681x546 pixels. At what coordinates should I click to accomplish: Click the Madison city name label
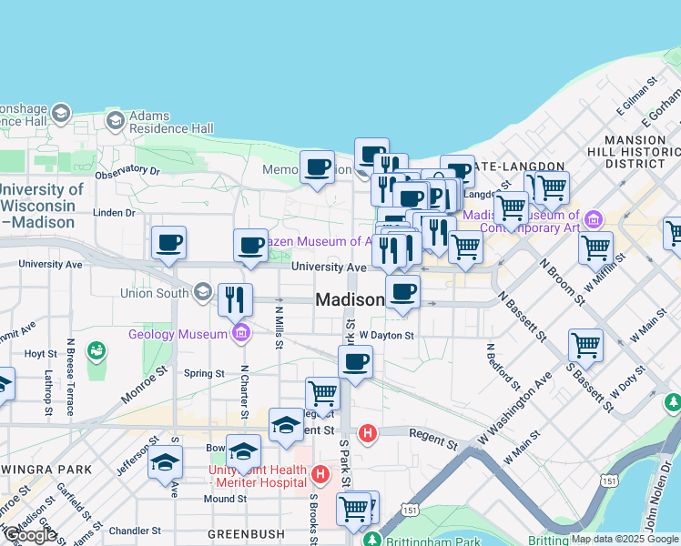pos(350,300)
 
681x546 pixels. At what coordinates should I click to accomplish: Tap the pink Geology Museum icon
pos(240,334)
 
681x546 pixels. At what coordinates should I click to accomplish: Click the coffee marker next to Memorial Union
pos(317,167)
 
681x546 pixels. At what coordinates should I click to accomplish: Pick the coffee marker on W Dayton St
pos(355,361)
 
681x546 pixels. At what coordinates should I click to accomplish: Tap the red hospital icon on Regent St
pos(368,433)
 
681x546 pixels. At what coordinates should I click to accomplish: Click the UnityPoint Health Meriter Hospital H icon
pos(320,474)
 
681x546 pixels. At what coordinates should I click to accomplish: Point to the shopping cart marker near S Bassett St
pos(585,345)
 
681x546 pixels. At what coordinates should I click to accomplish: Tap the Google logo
pos(30,535)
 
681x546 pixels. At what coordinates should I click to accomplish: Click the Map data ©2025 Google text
pos(625,539)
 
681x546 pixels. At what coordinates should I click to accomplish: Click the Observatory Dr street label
pos(127,171)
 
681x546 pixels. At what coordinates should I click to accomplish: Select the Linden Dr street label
pos(114,213)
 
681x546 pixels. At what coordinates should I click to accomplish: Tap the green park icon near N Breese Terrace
pos(96,349)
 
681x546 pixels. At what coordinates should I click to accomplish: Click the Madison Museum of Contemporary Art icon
pos(595,219)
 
